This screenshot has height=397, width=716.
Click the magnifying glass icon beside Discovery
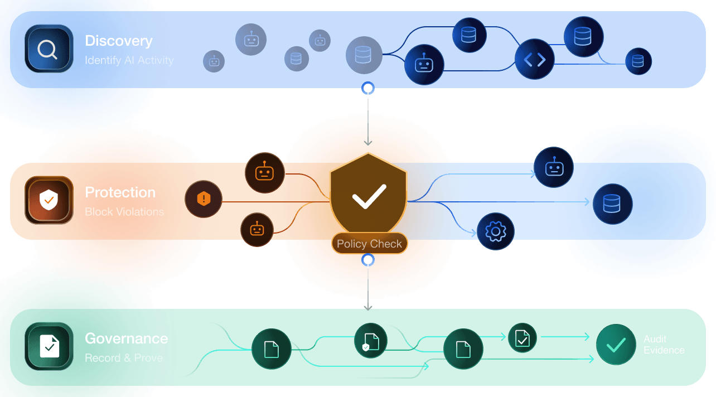(x=49, y=49)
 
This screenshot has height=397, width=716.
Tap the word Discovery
(x=118, y=41)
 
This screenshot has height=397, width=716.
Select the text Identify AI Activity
(x=129, y=60)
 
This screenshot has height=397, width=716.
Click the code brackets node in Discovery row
(x=534, y=60)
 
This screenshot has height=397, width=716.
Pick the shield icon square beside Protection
(x=49, y=200)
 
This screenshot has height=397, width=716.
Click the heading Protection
(x=120, y=192)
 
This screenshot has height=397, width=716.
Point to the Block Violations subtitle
(x=124, y=212)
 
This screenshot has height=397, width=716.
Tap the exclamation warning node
(x=204, y=199)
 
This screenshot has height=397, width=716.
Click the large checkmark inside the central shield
(x=369, y=197)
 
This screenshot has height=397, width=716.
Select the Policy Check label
(x=369, y=244)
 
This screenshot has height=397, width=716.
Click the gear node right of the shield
(x=495, y=231)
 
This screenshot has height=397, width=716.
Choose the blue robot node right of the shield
(x=554, y=167)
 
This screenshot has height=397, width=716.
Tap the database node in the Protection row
(x=612, y=204)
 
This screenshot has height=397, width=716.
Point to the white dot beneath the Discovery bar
(x=368, y=89)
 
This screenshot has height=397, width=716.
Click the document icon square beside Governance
(x=49, y=346)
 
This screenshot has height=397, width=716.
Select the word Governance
(x=126, y=338)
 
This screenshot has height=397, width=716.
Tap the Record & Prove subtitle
(x=124, y=358)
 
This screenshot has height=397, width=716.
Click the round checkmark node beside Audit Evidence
(x=616, y=345)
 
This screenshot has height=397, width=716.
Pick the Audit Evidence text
(x=664, y=345)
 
